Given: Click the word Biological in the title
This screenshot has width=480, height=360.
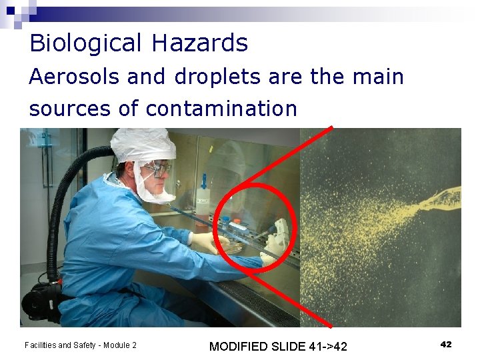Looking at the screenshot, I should coord(86,43).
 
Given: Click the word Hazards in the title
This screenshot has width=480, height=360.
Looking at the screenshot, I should coord(199,43).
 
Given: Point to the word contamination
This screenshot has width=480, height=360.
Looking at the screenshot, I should coord(221,108).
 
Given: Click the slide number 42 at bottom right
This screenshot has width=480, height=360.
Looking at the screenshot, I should coord(446,344).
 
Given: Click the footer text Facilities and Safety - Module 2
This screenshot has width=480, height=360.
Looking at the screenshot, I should coord(80,345).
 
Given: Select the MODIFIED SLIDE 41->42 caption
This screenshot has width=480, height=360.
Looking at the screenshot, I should coord(278,346).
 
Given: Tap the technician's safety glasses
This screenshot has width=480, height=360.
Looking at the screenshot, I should coord(158,169).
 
